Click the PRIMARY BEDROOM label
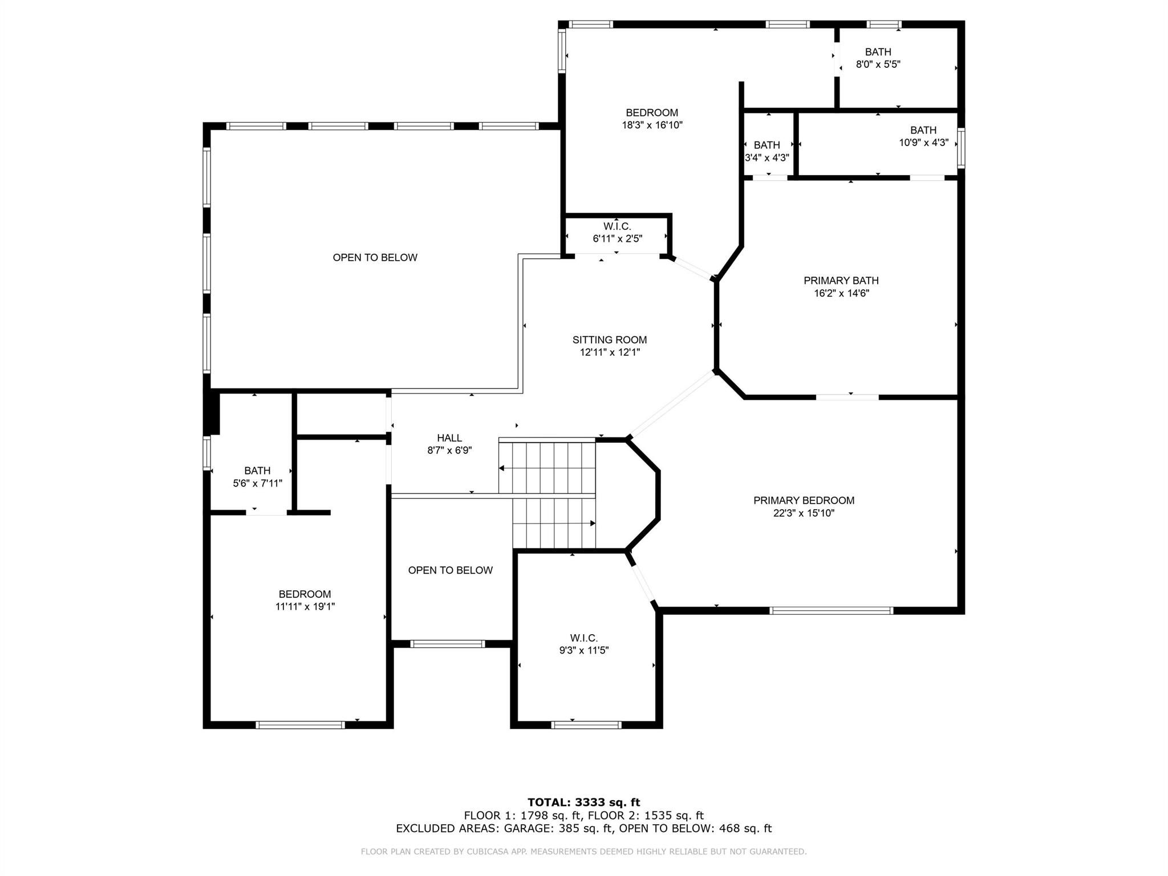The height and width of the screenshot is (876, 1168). point(804,501)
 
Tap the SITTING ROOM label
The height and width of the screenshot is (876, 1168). point(610,340)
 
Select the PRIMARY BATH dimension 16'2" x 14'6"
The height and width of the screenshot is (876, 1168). point(841,294)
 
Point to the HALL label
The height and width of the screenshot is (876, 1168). point(449,438)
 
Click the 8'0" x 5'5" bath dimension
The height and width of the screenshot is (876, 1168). point(878,64)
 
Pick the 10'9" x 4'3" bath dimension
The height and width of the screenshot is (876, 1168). point(923,143)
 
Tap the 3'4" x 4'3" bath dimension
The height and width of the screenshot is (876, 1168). point(766,158)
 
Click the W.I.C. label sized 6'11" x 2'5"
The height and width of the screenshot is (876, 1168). point(617,226)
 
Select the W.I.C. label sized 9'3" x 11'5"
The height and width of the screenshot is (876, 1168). point(583,638)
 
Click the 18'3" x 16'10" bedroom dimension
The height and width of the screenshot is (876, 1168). point(652,125)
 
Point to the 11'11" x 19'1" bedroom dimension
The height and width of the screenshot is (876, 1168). point(305,607)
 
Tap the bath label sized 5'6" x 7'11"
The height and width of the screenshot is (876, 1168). point(257,471)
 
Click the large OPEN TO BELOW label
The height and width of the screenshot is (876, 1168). point(375,258)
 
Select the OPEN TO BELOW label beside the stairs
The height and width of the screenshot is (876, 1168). point(450,570)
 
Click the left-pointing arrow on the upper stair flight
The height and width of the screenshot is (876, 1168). point(502,468)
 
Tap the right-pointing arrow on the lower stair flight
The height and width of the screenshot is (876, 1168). point(592,523)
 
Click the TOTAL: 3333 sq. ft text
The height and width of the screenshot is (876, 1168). point(583,802)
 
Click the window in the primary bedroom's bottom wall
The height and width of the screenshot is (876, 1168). point(830,610)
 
